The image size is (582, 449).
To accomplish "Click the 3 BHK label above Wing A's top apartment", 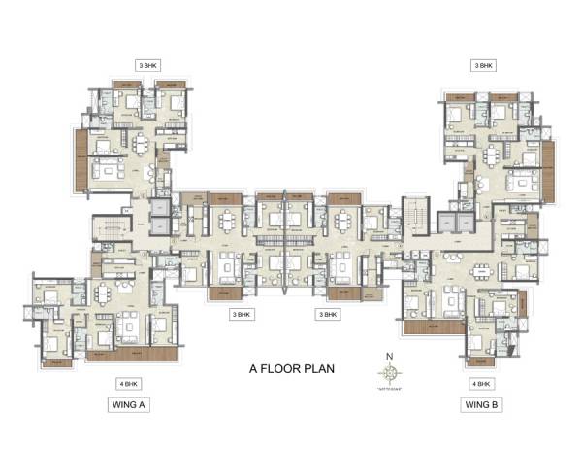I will click(148, 65).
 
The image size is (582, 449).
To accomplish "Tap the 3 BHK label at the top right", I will click(483, 65).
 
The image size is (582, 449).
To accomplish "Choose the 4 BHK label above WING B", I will click(481, 384).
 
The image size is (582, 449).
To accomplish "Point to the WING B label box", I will click(481, 404).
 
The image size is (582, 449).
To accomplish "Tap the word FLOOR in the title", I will click(279, 369).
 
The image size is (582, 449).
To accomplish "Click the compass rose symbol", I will click(390, 372).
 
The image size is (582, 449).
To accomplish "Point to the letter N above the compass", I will click(390, 356).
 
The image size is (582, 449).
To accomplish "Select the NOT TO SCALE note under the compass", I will click(390, 388).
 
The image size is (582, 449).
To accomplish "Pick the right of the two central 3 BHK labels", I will click(328, 315).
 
